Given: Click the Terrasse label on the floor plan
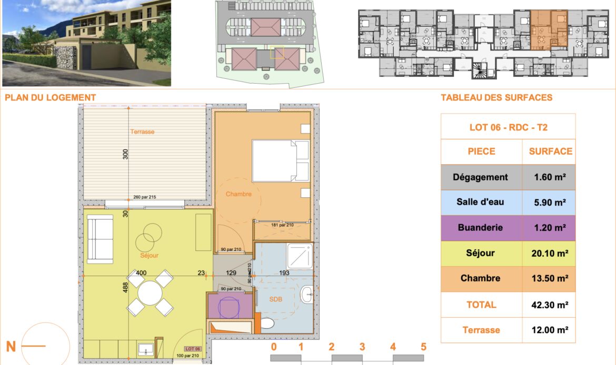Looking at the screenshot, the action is coord(142,132).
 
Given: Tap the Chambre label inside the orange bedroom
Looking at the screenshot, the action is coord(239,194).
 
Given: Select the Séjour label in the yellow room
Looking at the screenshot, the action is coord(150,256).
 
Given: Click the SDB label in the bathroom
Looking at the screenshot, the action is coord(276,299).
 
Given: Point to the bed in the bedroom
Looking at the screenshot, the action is coord(281,160).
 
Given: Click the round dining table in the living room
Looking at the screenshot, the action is coord(150,293).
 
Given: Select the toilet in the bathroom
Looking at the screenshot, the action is coord(267,323).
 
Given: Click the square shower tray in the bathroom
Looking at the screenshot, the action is coord(300,256).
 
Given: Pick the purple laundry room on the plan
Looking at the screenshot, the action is coord(230,306).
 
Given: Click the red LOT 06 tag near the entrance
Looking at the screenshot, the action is coord(193,349).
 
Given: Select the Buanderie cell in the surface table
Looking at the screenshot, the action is coord(481,228).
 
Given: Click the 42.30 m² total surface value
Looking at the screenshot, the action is coord(550,305).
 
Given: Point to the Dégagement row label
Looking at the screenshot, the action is coord(480,177).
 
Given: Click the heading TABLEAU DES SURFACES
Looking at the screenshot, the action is coord(496,98).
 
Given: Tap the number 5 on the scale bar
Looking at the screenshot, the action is coord(423,347).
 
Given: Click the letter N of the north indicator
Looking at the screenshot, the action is coord(11,347).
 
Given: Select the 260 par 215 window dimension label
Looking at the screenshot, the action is coord(145,197).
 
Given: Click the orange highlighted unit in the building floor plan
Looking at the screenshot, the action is coord(549,30).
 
